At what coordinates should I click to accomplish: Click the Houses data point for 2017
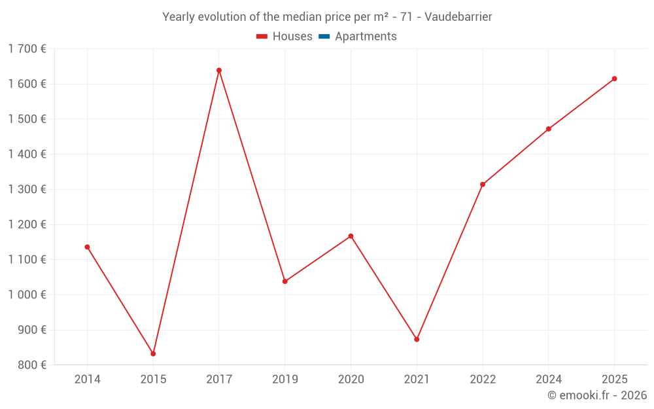tap(219, 70)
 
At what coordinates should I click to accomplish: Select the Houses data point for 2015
tap(153, 353)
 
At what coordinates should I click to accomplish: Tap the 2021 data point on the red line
tap(417, 339)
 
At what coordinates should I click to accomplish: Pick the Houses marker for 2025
tap(614, 79)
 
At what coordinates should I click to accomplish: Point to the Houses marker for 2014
tap(87, 247)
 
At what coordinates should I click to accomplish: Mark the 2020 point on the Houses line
tap(351, 236)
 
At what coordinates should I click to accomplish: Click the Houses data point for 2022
tap(483, 185)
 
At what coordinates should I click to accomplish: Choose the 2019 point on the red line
tap(284, 281)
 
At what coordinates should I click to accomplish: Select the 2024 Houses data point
tap(548, 129)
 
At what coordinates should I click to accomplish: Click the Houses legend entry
tap(284, 37)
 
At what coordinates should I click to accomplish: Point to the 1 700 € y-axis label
tap(27, 48)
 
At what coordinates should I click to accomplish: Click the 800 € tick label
tap(31, 365)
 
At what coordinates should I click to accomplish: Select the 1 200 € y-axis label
tap(27, 224)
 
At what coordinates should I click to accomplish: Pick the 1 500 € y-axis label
tap(27, 119)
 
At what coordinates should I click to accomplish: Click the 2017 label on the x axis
tap(219, 379)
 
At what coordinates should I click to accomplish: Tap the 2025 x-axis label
tap(614, 379)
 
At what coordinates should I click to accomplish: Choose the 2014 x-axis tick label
tap(87, 379)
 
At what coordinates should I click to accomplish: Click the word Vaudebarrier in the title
tap(458, 17)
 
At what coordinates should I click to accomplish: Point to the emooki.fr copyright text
tap(597, 395)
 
